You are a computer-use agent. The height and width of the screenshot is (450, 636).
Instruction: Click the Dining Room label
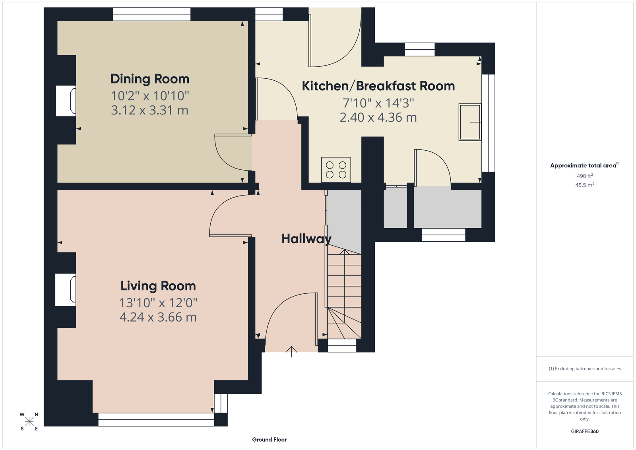[150, 79]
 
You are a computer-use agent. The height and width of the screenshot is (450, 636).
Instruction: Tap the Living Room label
[158, 286]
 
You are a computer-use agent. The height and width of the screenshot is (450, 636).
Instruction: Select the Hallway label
[306, 239]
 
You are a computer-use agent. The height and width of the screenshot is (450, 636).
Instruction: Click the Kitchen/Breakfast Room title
[378, 86]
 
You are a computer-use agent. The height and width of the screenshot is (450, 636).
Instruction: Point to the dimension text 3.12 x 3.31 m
[149, 110]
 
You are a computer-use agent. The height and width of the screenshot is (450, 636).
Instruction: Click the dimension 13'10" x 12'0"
[158, 303]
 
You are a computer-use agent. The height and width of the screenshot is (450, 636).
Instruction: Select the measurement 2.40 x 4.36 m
[378, 118]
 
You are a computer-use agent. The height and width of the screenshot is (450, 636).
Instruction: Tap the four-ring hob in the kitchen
[336, 170]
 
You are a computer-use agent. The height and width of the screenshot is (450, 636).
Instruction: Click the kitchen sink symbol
[470, 122]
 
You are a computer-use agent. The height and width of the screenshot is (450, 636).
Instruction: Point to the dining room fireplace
[66, 101]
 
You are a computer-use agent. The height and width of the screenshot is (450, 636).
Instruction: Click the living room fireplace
[66, 289]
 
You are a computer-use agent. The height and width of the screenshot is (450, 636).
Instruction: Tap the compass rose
[29, 422]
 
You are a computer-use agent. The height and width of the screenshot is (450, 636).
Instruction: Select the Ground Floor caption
[270, 440]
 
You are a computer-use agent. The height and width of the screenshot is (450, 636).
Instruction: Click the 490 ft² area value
[585, 176]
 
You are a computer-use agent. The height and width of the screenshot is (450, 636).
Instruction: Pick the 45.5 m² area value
[585, 185]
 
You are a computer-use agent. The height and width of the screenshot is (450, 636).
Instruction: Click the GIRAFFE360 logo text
[585, 431]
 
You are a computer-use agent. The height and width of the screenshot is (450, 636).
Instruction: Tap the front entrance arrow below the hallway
[291, 351]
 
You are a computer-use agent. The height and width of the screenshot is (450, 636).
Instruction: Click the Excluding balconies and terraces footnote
[585, 369]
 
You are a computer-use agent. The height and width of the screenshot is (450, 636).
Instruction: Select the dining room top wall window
[152, 14]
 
